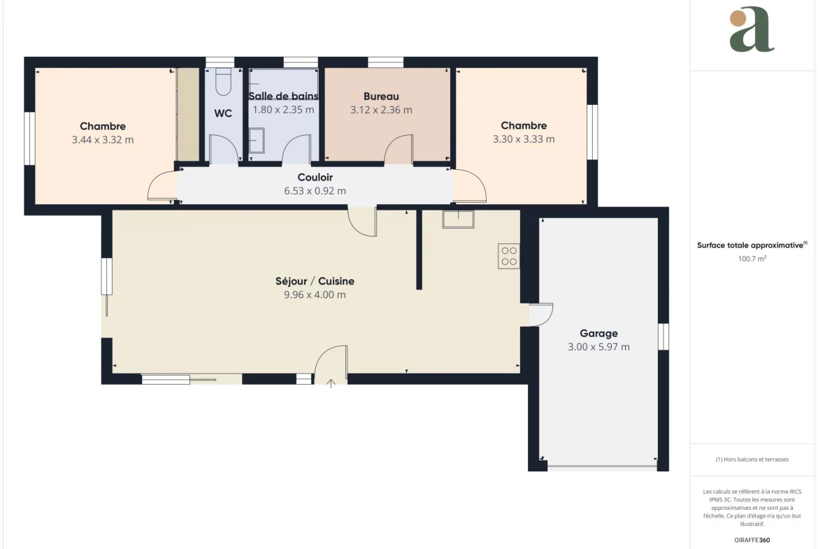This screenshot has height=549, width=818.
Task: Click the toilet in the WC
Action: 223,82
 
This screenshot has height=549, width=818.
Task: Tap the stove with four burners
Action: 509,256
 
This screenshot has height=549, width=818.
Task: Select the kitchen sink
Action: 458,219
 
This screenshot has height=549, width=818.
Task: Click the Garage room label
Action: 598,334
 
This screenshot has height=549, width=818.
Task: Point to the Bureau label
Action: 381,97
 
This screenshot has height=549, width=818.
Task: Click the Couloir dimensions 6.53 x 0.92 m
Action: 315,191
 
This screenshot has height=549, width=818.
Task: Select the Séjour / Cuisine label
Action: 315,281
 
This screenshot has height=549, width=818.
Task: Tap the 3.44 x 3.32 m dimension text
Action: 103,140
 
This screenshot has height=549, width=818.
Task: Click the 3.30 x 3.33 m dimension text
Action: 524,139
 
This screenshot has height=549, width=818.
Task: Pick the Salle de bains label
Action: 283,97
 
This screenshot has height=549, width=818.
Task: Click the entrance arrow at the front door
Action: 331,383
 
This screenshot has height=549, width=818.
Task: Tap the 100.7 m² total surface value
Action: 752,259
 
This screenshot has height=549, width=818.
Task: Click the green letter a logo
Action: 752,29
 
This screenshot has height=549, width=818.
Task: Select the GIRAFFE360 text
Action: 752,540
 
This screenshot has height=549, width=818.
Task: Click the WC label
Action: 223,114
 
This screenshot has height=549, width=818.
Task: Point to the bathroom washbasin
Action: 257,141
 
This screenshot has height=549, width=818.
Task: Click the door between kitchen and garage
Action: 541,315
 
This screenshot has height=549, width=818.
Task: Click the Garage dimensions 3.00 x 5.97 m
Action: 598,347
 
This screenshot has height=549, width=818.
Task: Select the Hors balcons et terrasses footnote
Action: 752,459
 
